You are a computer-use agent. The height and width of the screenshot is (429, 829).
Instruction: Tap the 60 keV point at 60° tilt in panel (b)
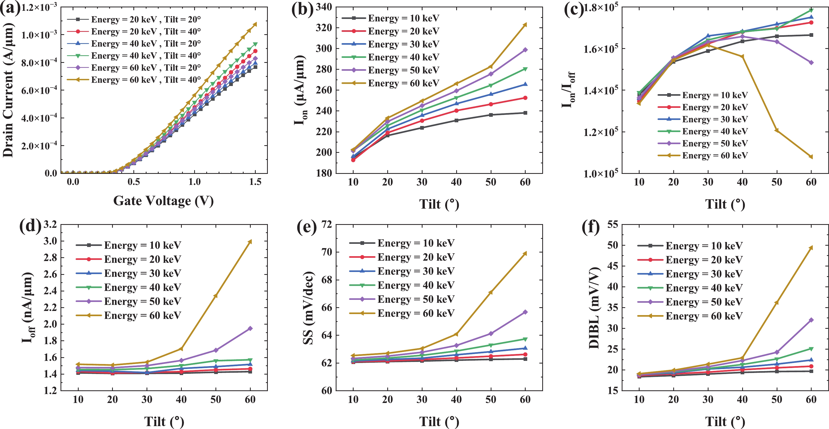(x=525, y=25)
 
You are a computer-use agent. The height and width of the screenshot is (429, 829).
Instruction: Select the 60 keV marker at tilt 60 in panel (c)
(x=811, y=157)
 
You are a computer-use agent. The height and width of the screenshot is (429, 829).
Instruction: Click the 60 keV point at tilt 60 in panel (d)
(x=250, y=242)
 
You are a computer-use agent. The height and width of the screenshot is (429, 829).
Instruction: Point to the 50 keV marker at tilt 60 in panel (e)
(x=525, y=312)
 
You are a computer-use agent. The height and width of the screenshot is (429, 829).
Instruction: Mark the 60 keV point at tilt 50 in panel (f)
(x=777, y=303)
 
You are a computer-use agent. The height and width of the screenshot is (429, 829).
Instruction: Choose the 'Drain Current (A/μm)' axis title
(x=8, y=90)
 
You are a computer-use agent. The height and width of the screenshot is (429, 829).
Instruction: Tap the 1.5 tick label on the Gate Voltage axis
(x=255, y=182)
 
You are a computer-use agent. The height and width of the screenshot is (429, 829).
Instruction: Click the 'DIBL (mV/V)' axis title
(x=594, y=308)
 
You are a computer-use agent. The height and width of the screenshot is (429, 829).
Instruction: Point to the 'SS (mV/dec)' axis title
(x=308, y=308)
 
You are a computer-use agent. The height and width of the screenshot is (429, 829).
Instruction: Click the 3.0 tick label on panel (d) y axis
(x=50, y=241)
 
